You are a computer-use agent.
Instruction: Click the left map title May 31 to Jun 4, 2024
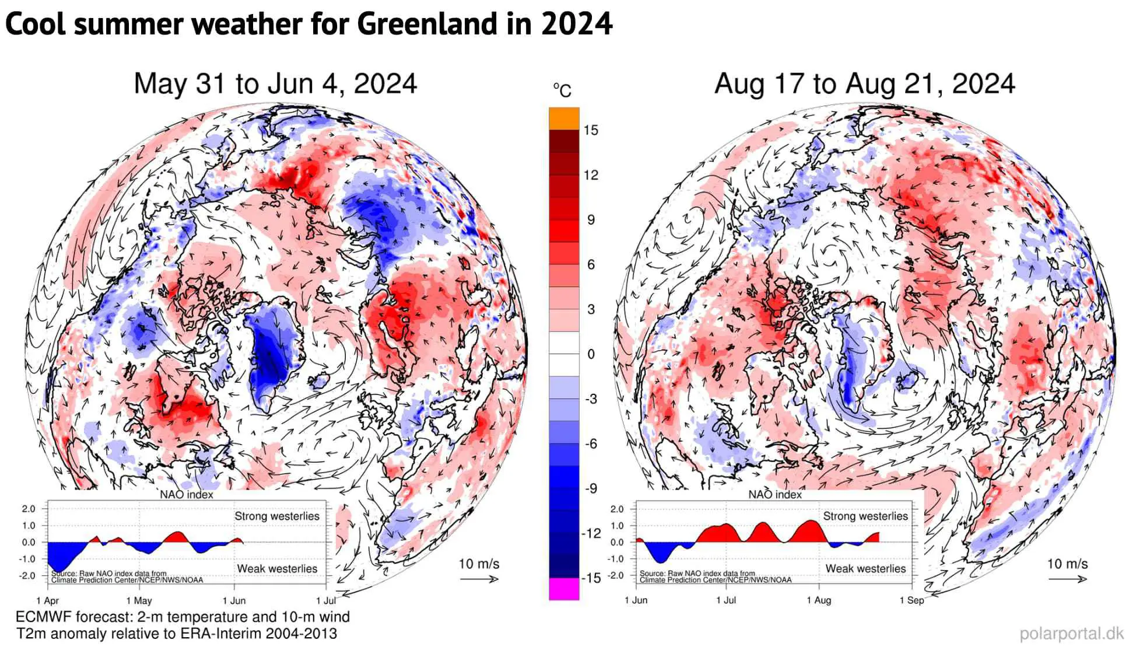[x=275, y=83]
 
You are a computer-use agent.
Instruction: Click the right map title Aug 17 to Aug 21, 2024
[x=864, y=83]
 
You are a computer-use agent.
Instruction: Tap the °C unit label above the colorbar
[x=562, y=90]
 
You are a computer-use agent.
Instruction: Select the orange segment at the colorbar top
[x=564, y=118]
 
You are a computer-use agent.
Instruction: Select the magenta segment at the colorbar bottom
[x=564, y=589]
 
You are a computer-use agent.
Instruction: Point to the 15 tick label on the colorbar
[x=591, y=130]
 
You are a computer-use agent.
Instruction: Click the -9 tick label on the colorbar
[x=591, y=488]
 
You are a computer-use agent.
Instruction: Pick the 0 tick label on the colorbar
[x=591, y=354]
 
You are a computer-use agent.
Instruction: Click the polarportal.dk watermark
[x=1071, y=634]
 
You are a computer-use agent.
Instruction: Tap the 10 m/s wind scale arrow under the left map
[x=479, y=579]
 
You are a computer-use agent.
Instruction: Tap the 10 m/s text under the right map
[x=1067, y=564]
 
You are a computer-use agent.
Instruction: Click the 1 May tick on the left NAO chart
[x=139, y=600]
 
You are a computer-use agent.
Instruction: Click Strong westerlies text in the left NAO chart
[x=277, y=516]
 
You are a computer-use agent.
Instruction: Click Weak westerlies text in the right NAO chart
[x=865, y=568]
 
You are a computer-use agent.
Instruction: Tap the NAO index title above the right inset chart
[x=775, y=495]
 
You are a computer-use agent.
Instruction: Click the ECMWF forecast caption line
[x=183, y=617]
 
